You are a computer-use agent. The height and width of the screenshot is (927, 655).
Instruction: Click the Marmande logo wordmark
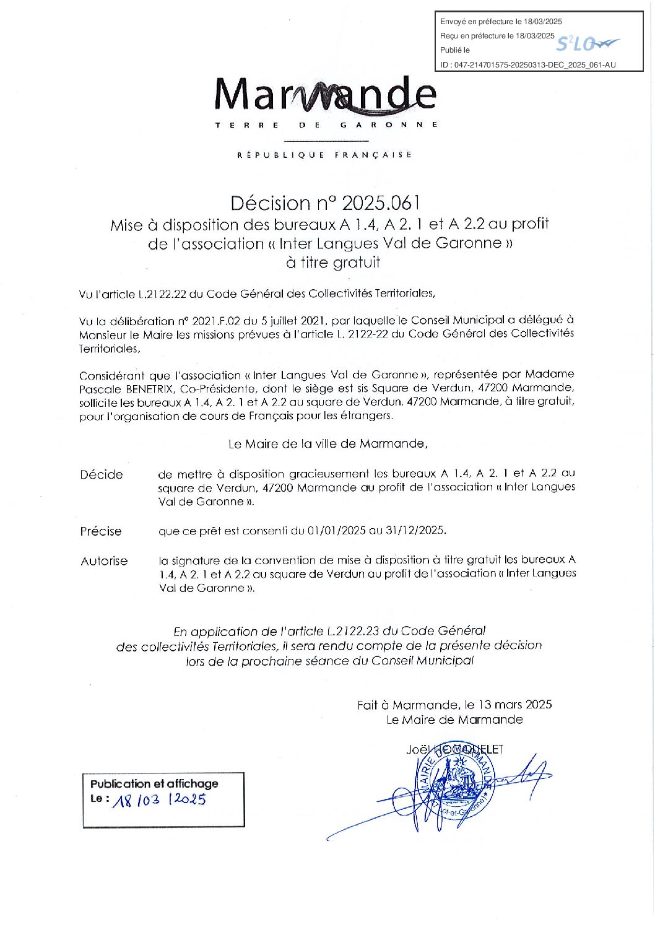click(326, 96)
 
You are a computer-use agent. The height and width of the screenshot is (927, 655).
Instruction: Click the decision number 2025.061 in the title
click(381, 202)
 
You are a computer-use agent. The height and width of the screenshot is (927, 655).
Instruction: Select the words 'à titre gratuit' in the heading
click(333, 263)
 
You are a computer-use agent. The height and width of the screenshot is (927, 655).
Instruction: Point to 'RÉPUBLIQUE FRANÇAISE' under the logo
click(325, 155)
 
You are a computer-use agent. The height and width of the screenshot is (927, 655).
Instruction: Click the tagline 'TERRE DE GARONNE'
click(326, 125)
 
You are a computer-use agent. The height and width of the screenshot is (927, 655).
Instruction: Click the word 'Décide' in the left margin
click(102, 475)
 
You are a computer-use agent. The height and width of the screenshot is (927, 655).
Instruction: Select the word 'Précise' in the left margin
click(101, 531)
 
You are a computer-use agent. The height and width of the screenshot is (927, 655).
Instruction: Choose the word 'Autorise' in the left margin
click(104, 561)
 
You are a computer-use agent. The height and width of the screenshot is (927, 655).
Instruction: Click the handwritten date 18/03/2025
click(160, 799)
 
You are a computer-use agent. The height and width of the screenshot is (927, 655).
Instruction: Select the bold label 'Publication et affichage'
click(154, 783)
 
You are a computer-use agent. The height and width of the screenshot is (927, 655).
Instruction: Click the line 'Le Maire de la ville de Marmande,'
click(327, 443)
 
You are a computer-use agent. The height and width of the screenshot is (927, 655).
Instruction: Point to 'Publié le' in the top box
click(455, 50)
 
